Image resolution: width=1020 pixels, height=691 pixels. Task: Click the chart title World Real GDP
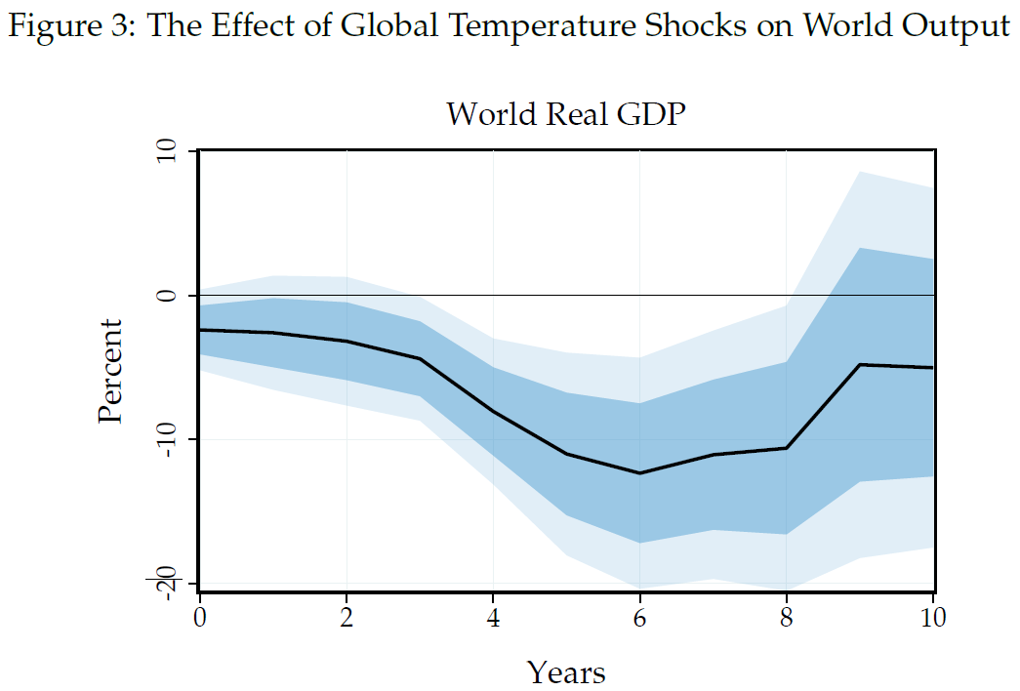[566, 114]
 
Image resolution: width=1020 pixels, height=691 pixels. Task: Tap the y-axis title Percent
[110, 371]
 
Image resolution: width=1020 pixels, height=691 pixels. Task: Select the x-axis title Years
[566, 671]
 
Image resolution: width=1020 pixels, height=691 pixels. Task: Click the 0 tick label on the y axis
[167, 295]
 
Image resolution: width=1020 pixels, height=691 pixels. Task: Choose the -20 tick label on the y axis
[167, 582]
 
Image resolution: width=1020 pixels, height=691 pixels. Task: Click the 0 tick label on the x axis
[199, 617]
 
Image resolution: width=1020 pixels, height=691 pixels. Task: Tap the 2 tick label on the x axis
[347, 617]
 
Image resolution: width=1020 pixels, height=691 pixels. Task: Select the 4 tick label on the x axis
[493, 617]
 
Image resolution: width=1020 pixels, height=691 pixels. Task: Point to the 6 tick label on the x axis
[640, 617]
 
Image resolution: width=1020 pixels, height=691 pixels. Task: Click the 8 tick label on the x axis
[787, 617]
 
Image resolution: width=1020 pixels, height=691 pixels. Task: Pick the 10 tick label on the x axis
[932, 617]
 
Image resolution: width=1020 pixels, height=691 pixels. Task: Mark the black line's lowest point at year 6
[640, 473]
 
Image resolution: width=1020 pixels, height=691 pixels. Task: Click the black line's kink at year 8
[787, 448]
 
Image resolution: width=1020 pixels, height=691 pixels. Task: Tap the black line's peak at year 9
[860, 364]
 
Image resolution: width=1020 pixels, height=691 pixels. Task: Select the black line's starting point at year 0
[200, 330]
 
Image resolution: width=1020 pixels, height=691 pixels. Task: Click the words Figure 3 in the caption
[71, 26]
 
